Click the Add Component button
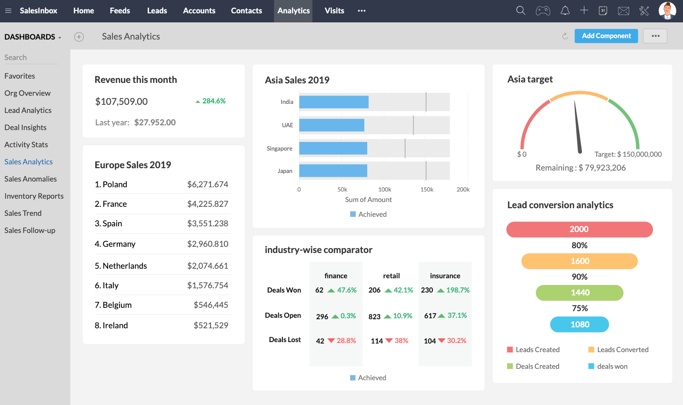coord(606,36)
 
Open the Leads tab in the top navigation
coord(157,10)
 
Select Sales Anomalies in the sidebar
coord(30,179)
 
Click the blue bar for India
coord(333,102)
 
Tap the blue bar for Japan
coord(333,171)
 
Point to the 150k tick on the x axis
coord(427,189)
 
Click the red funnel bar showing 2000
coord(579,229)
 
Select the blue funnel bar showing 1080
coord(580,324)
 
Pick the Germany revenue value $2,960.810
coord(208,244)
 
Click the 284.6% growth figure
coord(213,101)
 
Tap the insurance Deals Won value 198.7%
coord(457,290)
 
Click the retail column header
coord(391,276)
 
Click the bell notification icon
coord(565,10)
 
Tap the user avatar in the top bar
coord(667,10)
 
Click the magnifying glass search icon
coord(521,10)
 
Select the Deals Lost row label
coord(285,340)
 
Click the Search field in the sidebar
coord(31,57)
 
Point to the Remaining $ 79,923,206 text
coord(581,168)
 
